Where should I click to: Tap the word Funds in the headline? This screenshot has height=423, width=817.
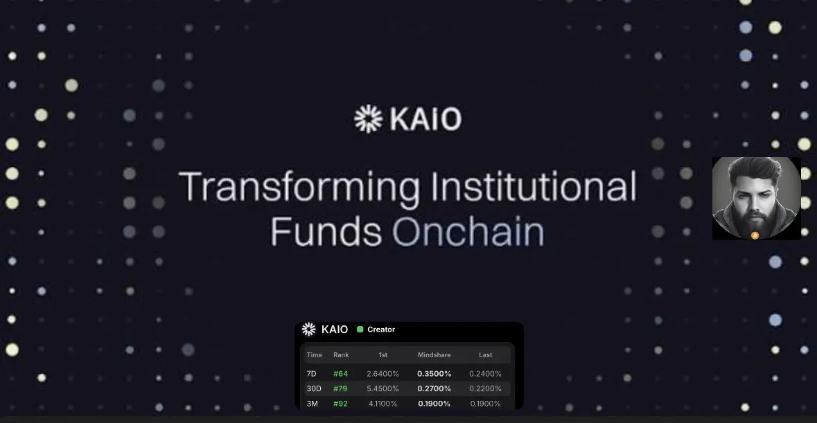(326, 231)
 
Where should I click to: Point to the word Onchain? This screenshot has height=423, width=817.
(468, 231)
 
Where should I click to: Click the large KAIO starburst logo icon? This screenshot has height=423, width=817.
(369, 118)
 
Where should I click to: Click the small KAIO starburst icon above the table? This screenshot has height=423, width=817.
(309, 329)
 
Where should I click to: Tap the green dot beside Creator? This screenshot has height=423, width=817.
(360, 330)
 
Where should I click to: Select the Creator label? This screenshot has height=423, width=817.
(381, 330)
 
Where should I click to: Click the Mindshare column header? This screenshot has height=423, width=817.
(434, 355)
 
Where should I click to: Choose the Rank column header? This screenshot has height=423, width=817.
(341, 355)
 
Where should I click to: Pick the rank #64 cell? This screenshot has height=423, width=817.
(340, 374)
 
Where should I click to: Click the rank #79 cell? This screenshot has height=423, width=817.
(340, 388)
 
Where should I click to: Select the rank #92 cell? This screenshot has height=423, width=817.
(340, 404)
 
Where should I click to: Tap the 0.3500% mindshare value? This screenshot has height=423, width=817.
(434, 374)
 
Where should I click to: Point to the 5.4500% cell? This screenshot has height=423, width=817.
(383, 388)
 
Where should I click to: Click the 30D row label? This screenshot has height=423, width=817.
(314, 388)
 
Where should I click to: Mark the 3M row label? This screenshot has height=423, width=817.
(312, 404)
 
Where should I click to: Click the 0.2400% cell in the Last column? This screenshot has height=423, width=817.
(485, 374)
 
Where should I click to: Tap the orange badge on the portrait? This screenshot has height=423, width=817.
(755, 235)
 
